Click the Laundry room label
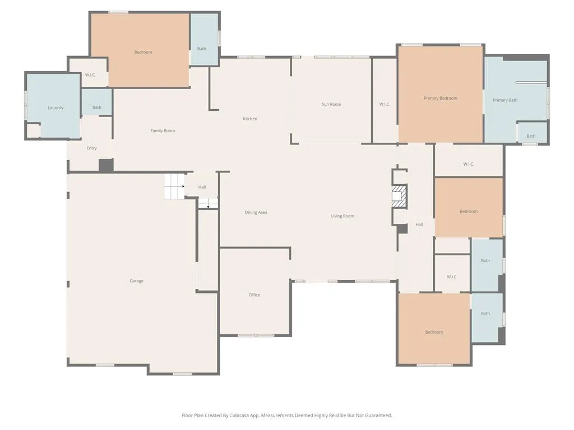[x=55, y=108]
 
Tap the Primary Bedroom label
[x=441, y=99]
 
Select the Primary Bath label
[x=505, y=100]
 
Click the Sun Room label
[x=331, y=104]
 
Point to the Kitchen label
[x=250, y=119]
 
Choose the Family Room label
[x=163, y=130]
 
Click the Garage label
[x=137, y=281]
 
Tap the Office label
[x=254, y=295]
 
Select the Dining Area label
[x=256, y=212]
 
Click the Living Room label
[x=342, y=216]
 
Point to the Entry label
[x=91, y=148]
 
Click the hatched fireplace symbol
[x=399, y=197]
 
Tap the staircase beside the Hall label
[x=174, y=186]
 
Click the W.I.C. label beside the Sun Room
[x=385, y=105]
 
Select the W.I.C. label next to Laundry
[x=90, y=75]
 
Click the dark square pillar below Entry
[x=106, y=165]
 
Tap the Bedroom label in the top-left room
[x=143, y=52]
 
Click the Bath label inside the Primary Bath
[x=531, y=136]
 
